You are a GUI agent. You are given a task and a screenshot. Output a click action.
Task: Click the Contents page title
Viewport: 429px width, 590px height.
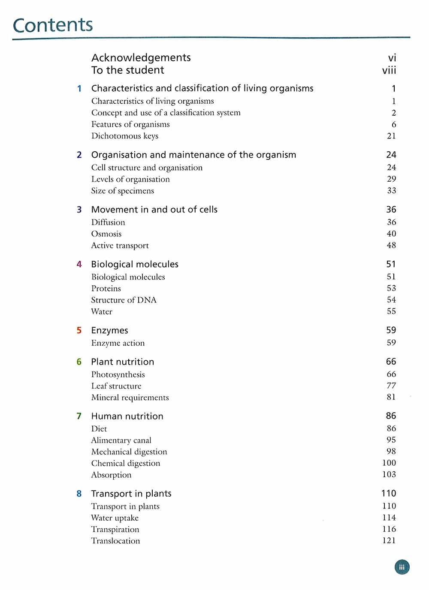pyautogui.click(x=53, y=25)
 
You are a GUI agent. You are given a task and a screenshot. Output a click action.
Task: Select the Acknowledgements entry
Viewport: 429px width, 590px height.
pyautogui.click(x=141, y=58)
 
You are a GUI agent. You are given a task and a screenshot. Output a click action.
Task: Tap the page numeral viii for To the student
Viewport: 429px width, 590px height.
pyautogui.click(x=389, y=70)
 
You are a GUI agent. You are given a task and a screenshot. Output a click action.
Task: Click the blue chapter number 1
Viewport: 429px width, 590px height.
pyautogui.click(x=79, y=89)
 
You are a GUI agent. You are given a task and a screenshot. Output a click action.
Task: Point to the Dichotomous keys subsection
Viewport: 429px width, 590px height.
pyautogui.click(x=124, y=136)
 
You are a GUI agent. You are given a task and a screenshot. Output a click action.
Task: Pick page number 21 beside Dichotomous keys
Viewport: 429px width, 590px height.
pyautogui.click(x=391, y=136)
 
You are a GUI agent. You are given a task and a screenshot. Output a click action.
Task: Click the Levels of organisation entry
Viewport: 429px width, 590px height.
pyautogui.click(x=130, y=179)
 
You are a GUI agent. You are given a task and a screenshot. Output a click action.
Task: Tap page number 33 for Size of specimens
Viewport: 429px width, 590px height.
pyautogui.click(x=391, y=191)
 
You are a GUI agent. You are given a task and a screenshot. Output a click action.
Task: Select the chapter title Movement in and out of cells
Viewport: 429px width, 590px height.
pyautogui.click(x=154, y=210)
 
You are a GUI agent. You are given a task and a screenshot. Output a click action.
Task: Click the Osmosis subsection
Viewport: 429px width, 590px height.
pyautogui.click(x=106, y=234)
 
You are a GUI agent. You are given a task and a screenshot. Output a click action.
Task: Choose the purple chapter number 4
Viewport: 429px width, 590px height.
pyautogui.click(x=79, y=264)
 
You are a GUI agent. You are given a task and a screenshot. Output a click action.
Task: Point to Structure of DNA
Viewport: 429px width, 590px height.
pyautogui.click(x=124, y=300)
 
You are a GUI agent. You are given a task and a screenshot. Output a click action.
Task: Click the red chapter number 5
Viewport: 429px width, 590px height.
pyautogui.click(x=79, y=330)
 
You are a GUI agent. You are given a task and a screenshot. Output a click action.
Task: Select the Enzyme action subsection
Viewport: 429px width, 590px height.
pyautogui.click(x=118, y=343)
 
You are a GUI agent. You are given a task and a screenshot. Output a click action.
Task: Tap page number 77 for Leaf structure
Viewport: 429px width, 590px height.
pyautogui.click(x=391, y=386)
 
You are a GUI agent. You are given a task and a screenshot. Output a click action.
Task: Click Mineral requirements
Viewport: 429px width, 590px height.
pyautogui.click(x=130, y=398)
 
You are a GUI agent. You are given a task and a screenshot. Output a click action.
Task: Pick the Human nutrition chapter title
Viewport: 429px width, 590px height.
pyautogui.click(x=127, y=416)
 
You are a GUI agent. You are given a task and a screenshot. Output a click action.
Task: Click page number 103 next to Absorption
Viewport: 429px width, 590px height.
pyautogui.click(x=389, y=474)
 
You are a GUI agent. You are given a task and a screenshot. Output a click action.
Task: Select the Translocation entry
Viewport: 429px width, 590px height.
pyautogui.click(x=115, y=541)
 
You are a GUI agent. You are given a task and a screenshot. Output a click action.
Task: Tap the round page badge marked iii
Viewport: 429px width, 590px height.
pyautogui.click(x=402, y=567)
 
